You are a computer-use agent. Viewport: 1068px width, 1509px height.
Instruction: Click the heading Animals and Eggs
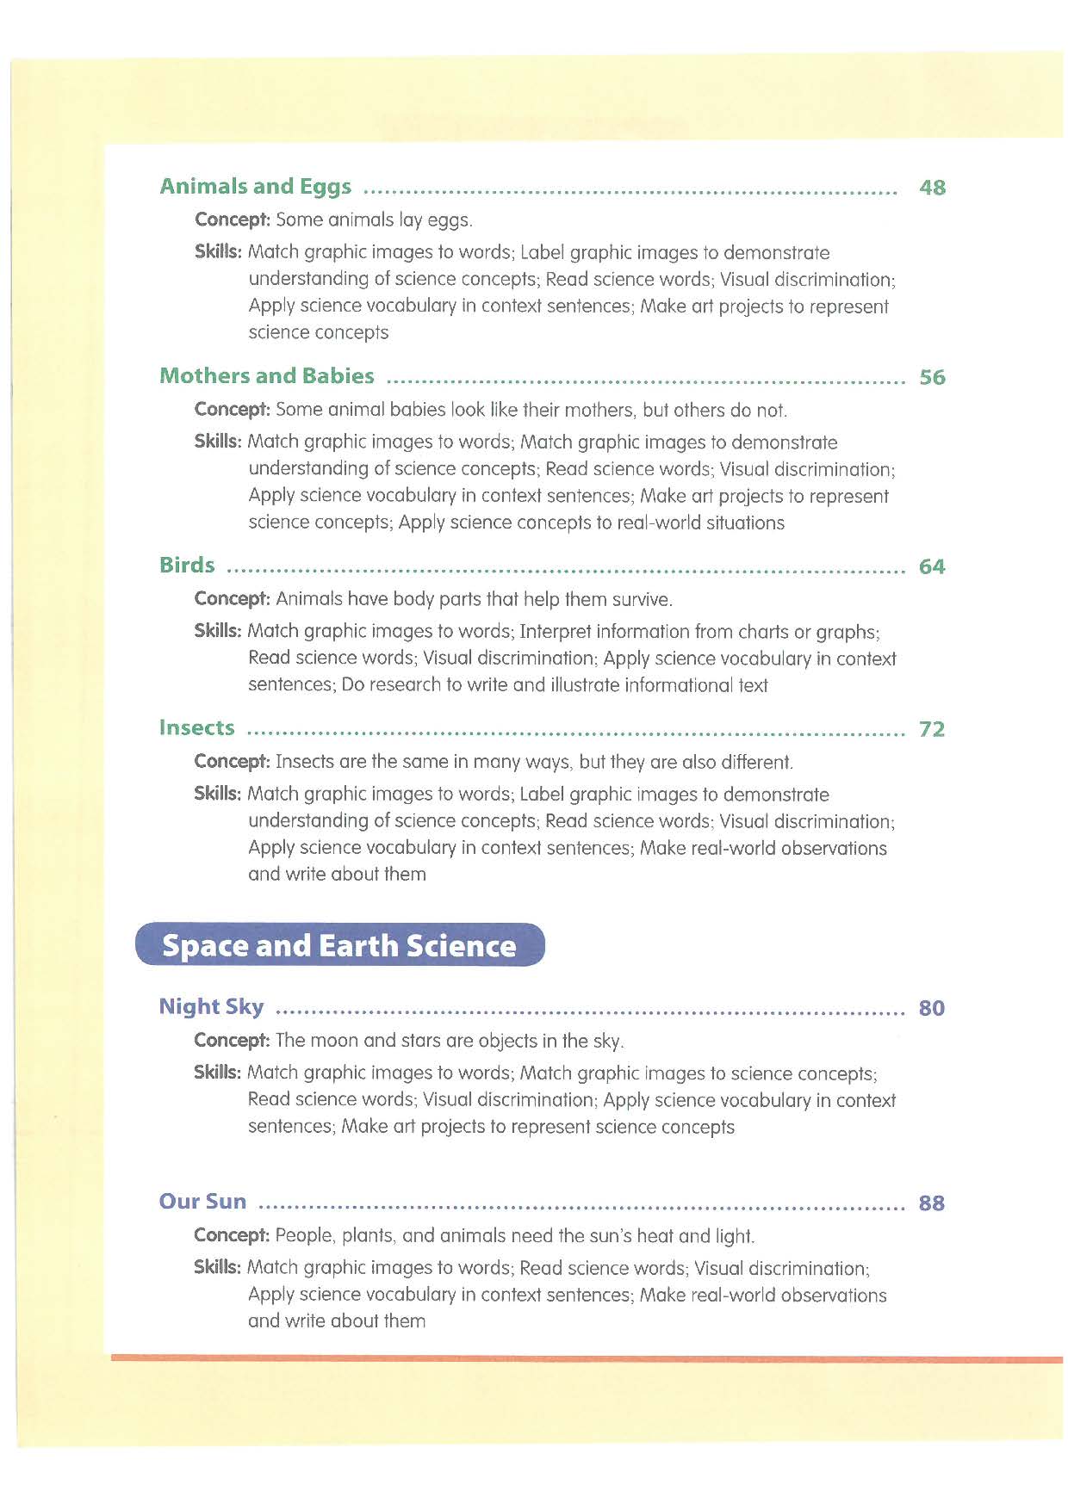pos(255,187)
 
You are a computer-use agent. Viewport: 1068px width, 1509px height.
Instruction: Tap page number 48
pos(932,188)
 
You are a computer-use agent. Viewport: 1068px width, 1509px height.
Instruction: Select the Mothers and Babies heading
pos(267,376)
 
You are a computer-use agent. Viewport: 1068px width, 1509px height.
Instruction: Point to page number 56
pos(932,377)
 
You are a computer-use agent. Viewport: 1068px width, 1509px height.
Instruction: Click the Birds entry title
pos(187,566)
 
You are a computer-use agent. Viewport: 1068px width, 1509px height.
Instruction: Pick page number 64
pos(932,566)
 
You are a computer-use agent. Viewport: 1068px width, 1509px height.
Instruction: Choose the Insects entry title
pos(196,728)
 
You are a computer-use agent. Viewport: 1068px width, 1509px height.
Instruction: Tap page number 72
pos(932,729)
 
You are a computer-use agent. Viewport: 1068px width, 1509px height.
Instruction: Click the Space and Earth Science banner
pos(339,945)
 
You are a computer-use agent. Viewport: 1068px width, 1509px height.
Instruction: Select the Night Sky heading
pos(211,1006)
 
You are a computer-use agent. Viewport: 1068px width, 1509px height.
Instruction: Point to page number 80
pos(932,1008)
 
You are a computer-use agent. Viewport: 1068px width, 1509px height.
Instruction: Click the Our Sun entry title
pos(202,1202)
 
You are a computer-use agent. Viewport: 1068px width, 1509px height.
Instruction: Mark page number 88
pos(932,1203)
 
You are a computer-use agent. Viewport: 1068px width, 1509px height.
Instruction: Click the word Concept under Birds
pos(232,599)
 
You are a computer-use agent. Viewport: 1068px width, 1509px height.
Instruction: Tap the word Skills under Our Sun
pos(217,1267)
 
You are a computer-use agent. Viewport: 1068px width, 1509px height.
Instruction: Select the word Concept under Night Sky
pos(232,1041)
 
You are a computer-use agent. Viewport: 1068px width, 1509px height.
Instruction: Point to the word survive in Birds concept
pos(641,600)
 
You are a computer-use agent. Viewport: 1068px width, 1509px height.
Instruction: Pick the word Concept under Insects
pos(232,762)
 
